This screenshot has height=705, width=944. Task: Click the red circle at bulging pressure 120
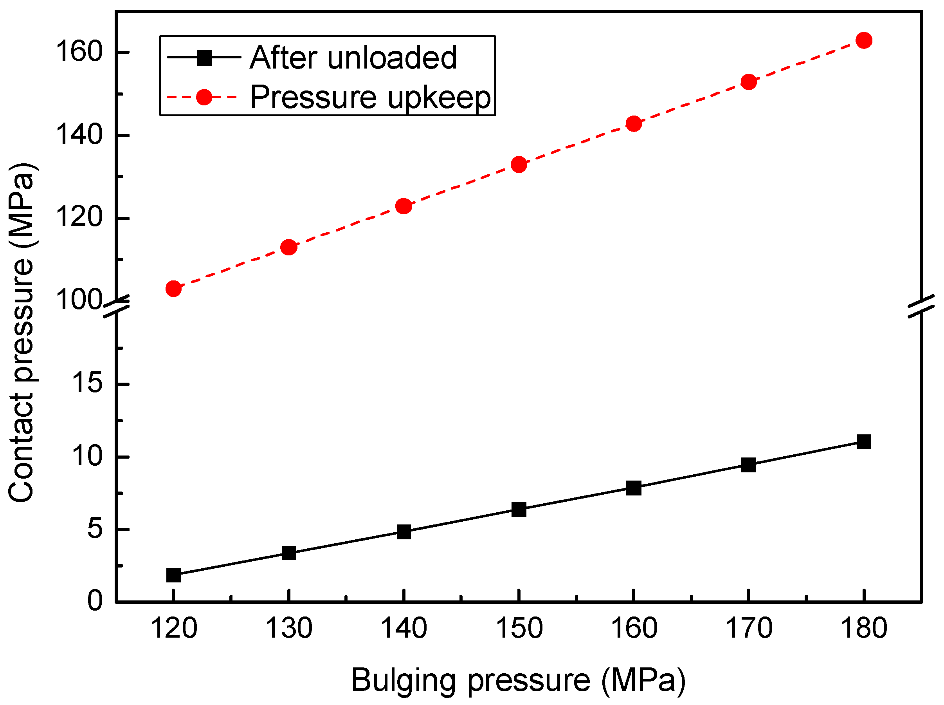pyautogui.click(x=173, y=289)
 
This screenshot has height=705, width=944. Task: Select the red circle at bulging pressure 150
pyautogui.click(x=519, y=164)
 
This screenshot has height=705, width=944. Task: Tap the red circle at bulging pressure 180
pyautogui.click(x=864, y=41)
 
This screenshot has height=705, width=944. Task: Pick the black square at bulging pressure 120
pyautogui.click(x=173, y=575)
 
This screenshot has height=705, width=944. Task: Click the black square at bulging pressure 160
pyautogui.click(x=634, y=488)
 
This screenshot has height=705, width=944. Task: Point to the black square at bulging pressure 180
pyautogui.click(x=864, y=442)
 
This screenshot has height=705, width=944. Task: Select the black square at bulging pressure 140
pyautogui.click(x=404, y=532)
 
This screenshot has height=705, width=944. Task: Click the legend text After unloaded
pyautogui.click(x=353, y=58)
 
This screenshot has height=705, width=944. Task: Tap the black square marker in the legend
pyautogui.click(x=204, y=58)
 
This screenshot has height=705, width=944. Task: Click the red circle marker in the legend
pyautogui.click(x=204, y=97)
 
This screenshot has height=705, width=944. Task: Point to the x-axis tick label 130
pyautogui.click(x=289, y=629)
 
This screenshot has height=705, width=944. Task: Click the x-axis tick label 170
pyautogui.click(x=749, y=629)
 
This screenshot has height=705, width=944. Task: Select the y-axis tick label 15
pyautogui.click(x=87, y=382)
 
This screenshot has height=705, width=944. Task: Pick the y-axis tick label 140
pyautogui.click(x=79, y=135)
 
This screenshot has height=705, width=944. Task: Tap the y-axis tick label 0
pyautogui.click(x=95, y=601)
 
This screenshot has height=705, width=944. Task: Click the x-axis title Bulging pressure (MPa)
pyautogui.click(x=518, y=680)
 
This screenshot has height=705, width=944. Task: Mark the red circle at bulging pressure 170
pyautogui.click(x=749, y=82)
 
